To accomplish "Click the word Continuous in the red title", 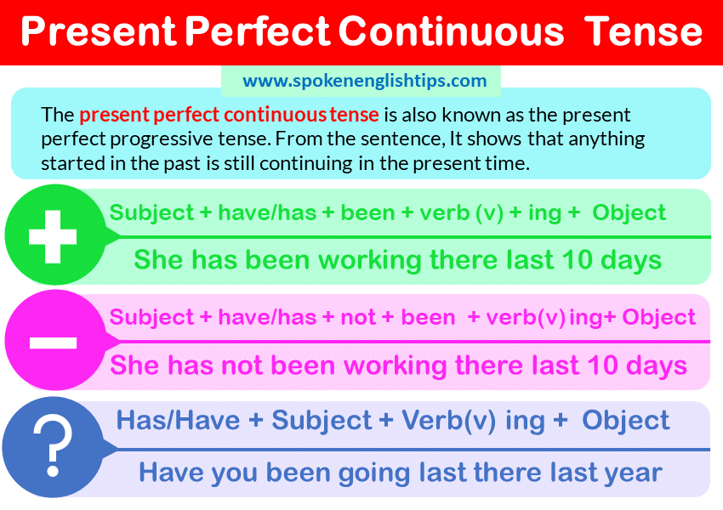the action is [451, 31].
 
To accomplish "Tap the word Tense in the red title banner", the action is [646, 31].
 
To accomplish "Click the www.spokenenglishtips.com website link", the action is [365, 81].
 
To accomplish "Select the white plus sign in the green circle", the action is [53, 237].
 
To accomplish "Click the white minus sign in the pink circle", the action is [53, 343].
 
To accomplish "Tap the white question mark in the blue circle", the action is [53, 446].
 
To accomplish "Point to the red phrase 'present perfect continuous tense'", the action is [229, 114].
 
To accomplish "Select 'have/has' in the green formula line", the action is [267, 212].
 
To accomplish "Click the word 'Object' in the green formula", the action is [629, 212].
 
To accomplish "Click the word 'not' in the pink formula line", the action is [358, 317].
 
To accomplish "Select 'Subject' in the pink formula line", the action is [151, 317].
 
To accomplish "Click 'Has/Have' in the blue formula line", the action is [178, 420].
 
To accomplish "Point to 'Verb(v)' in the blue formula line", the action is [448, 420].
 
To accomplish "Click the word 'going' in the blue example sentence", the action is [374, 473].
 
